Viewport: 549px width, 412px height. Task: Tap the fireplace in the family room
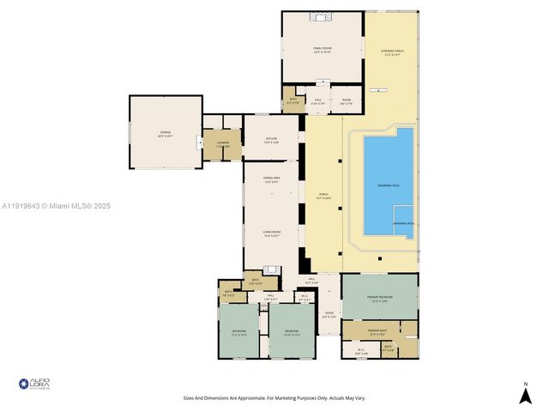tap(322, 15)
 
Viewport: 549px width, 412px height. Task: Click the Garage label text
tap(165, 134)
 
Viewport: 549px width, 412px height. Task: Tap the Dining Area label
tap(271, 181)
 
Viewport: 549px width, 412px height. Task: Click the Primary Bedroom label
tap(379, 298)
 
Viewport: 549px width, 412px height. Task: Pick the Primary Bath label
tap(378, 330)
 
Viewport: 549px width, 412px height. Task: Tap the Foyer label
tap(329, 314)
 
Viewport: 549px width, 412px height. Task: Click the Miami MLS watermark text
tap(56, 206)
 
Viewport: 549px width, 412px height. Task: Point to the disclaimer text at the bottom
tap(274, 398)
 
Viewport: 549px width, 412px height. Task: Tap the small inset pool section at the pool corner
tap(403, 221)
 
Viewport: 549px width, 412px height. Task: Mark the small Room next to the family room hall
tap(346, 102)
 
